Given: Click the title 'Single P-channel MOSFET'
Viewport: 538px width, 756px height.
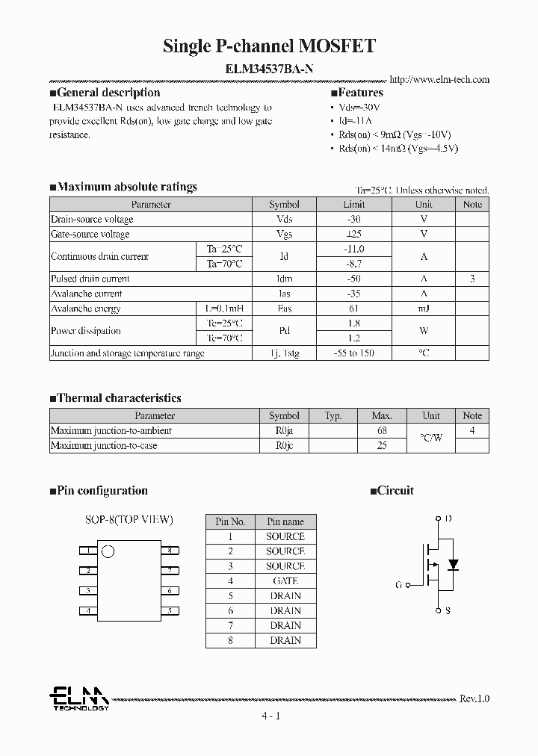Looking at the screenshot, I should pos(269,47).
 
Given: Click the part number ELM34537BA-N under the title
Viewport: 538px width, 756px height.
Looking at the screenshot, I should pos(269,67).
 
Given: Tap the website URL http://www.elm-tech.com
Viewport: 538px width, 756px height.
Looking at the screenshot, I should pos(439,79).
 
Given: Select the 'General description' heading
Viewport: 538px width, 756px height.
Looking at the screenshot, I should pos(108,93).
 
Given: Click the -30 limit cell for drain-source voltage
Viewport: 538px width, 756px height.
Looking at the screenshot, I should pos(353,220).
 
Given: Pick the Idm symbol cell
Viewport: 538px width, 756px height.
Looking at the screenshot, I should pos(284,279).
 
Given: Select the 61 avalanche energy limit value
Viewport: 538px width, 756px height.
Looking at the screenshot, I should pos(353,309).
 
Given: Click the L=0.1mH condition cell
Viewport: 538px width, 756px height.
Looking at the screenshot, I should pos(224,309).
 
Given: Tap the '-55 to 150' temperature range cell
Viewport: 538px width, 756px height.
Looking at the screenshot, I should pos(353,353).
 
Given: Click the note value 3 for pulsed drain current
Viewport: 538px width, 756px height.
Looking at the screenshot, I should pos(471,279).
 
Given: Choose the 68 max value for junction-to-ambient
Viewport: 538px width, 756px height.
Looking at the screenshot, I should pos(381,430).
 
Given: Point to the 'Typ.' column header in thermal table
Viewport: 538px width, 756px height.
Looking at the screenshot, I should pos(333,415).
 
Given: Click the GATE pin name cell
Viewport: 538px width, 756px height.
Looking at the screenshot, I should pos(285,580).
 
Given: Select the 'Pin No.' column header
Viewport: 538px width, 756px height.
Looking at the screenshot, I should pos(230,521).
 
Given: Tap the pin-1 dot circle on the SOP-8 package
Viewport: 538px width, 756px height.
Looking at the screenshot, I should pos(108,552).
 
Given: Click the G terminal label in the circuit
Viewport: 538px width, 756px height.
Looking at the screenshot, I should pos(398,585).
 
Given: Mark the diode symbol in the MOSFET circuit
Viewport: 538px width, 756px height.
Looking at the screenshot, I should pos(452,563).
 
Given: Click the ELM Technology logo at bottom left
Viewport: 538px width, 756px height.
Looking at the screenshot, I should pos(78,698).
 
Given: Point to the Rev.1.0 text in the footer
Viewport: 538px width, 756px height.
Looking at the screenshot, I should pos(474,698).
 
